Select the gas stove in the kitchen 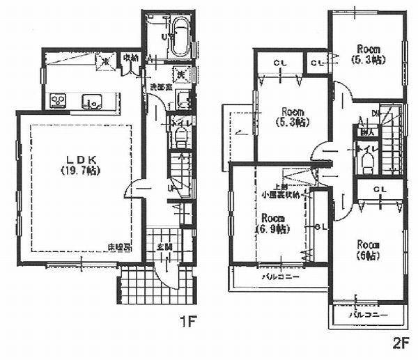58,102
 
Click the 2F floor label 399,342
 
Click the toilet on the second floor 368,162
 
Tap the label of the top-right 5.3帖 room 369,54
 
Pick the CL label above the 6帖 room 380,189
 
